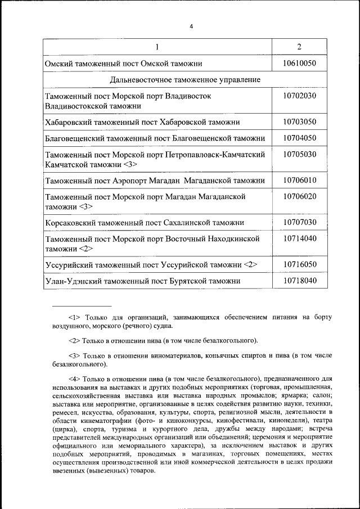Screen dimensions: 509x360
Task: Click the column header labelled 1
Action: (157, 47)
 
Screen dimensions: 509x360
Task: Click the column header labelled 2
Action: (299, 47)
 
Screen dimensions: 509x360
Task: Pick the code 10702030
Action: (299, 96)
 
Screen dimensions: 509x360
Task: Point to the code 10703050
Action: (299, 121)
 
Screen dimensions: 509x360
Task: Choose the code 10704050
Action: (299, 138)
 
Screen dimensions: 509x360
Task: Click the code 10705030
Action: (299, 154)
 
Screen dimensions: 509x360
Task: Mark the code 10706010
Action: (299, 180)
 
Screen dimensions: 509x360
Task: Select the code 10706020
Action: (299, 196)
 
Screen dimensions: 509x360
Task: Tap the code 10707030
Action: (299, 222)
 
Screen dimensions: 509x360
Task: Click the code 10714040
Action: (299, 238)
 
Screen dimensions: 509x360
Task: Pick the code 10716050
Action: (299, 264)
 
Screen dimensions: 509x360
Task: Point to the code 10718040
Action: (299, 280)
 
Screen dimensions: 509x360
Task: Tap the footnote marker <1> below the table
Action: (75, 317)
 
